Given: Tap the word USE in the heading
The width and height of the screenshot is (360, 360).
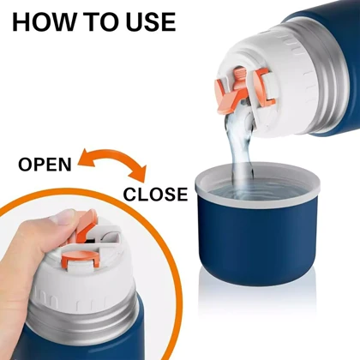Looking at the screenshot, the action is click(x=151, y=21).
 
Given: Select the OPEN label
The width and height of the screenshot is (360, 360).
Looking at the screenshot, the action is click(x=45, y=165).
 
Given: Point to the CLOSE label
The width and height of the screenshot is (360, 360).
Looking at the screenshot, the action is click(x=155, y=194).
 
